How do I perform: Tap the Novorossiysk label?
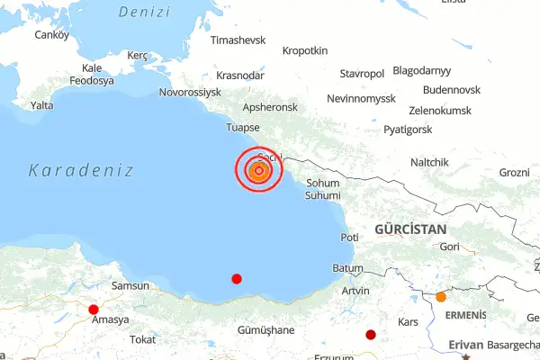(x=190, y=92)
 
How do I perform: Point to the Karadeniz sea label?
(x=81, y=170)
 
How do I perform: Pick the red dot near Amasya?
(x=94, y=310)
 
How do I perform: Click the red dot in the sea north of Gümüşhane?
(x=237, y=279)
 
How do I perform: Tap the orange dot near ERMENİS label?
(x=441, y=297)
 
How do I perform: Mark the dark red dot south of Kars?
(x=371, y=335)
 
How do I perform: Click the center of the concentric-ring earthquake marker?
(x=259, y=170)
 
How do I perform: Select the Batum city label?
(x=347, y=268)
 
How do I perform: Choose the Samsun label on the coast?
(x=129, y=285)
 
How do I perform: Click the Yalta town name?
(x=42, y=105)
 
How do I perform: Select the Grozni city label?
(x=515, y=172)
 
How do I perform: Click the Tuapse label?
(x=243, y=127)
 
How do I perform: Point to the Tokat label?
(x=143, y=339)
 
